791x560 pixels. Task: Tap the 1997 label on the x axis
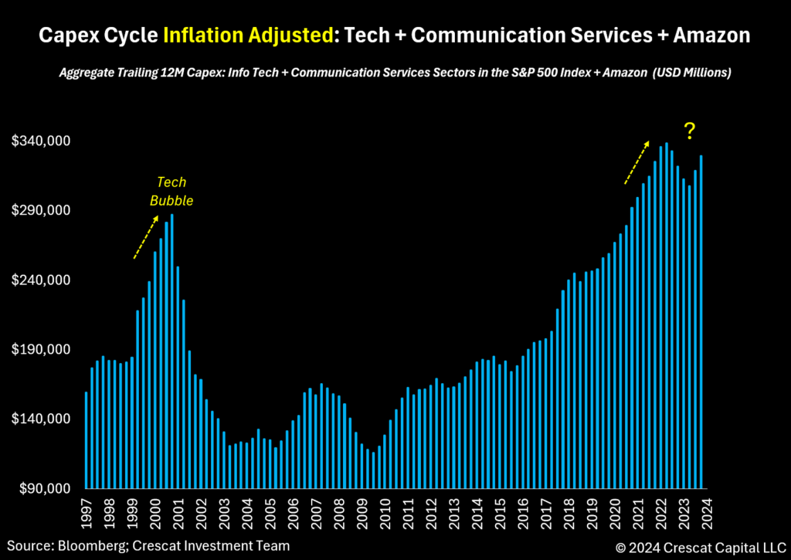coord(86,511)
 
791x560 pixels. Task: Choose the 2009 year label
coord(362,511)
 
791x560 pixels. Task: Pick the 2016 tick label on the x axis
coord(523,511)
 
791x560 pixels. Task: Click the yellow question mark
coord(689,131)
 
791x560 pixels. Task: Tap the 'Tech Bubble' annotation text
coord(171,192)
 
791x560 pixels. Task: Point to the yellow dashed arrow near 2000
coord(146,237)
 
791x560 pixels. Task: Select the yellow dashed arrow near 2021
coord(637,162)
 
